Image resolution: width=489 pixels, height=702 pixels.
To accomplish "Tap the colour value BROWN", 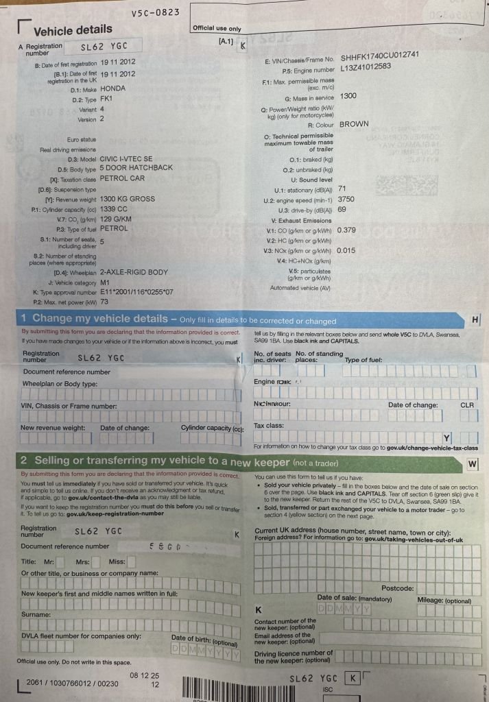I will [354, 125].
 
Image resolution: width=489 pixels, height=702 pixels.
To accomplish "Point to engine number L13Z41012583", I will [375, 67].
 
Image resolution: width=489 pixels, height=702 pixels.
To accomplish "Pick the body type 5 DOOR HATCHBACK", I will [136, 168].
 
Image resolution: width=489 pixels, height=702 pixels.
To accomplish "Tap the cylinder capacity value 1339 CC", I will [113, 208].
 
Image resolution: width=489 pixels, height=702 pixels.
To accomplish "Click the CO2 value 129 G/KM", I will [115, 218].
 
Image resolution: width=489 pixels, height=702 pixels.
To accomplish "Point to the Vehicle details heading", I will [73, 29].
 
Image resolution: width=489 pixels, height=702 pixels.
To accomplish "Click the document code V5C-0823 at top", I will [155, 12].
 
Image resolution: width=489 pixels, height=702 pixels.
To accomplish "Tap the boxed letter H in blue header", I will [475, 319].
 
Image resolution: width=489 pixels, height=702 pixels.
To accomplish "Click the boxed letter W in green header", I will [472, 464].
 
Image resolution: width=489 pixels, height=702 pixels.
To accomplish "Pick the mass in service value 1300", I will [348, 96].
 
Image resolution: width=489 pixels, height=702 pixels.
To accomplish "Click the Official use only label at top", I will [217, 29].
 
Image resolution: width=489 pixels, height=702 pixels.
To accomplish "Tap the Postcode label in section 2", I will [397, 588].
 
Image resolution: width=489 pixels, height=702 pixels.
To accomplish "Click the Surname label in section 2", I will [35, 615].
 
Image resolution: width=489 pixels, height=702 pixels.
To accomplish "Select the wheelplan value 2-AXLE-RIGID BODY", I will [134, 272].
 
